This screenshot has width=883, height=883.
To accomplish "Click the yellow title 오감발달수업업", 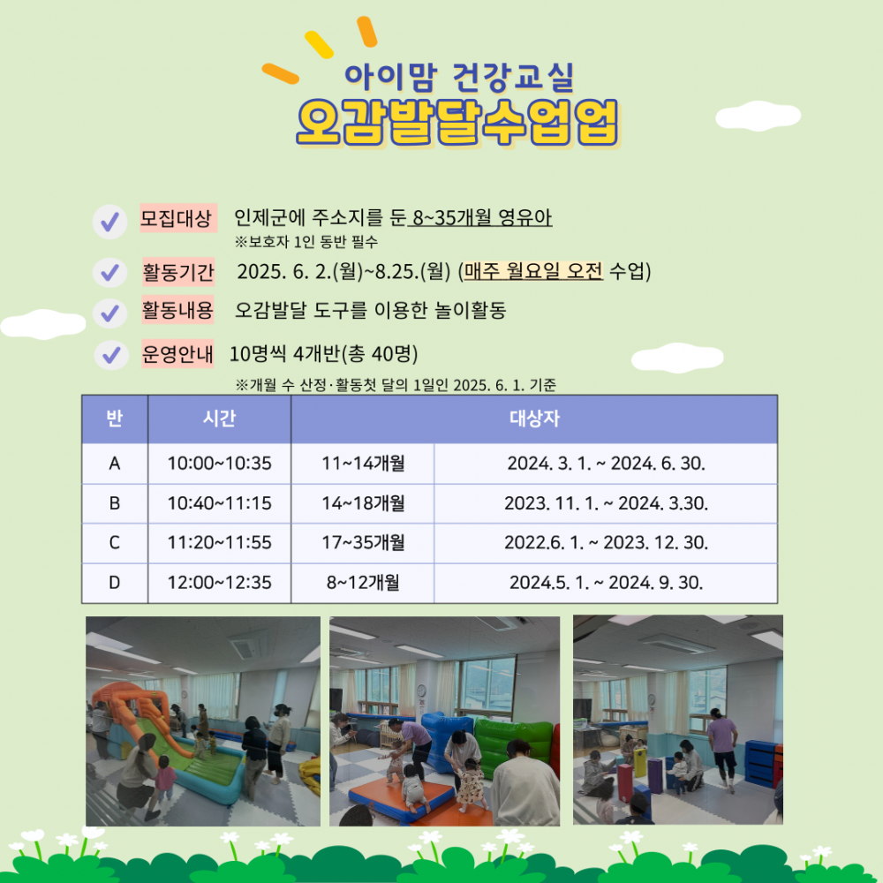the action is point(457,122).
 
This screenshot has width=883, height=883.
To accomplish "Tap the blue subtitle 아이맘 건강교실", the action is point(459,77).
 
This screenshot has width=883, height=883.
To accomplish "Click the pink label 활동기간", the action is point(178,272).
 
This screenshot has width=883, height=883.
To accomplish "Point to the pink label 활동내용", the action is point(177,310).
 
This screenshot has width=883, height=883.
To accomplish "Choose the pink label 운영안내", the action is point(177,354).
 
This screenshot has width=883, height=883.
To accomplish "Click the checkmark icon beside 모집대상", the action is point(109,222).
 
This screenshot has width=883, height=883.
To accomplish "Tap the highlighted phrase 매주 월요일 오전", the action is point(532,271).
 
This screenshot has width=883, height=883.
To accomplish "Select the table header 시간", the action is point(219,419).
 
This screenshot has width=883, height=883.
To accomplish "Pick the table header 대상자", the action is point(534,419).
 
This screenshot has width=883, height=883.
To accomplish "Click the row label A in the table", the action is point(114,464).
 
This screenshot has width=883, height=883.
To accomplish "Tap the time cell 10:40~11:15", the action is point(220,503).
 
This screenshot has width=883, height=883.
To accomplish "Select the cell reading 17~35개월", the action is point(363,542).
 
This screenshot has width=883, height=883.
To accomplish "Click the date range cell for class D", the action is point(607,582).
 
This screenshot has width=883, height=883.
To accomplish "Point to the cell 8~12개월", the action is point(363,582).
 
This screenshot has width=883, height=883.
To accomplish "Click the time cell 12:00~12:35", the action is point(220,582).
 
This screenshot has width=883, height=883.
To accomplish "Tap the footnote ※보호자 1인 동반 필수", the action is point(306,242).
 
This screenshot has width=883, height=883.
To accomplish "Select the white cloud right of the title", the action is point(758,116).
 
